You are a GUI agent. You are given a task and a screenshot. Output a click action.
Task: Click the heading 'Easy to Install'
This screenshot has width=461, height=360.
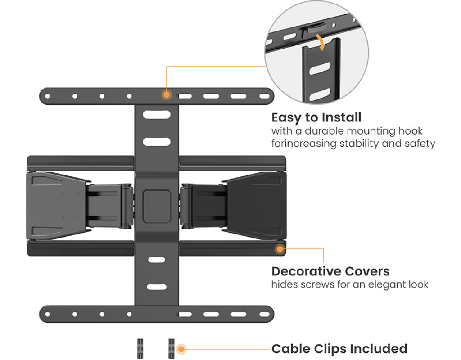pos(316,118)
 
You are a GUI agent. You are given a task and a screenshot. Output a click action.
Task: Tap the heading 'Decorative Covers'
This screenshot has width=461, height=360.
pos(330,271)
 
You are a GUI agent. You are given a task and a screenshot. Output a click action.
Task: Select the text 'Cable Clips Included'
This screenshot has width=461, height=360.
pos(339,349)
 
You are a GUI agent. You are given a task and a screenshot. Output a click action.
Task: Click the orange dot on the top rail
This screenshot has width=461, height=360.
pos(167,95)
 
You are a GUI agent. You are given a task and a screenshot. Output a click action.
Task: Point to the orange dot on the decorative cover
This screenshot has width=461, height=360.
pos(280,249)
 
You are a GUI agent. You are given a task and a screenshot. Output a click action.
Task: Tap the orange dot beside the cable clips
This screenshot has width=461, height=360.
pos(181,349)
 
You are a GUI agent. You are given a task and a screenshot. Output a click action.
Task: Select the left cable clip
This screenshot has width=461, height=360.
pos(140,349)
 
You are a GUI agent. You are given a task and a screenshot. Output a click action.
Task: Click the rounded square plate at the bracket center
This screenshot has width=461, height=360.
pos(157,206)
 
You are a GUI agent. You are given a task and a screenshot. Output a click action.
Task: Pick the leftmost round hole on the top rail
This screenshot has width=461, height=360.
pos(48,96)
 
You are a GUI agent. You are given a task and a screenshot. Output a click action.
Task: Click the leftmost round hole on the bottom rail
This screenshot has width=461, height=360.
pos(48,314)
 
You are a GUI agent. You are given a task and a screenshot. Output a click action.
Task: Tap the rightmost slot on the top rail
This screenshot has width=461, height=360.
pos(264,96)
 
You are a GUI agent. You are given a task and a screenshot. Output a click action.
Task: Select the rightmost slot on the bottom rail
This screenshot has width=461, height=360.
pos(264,314)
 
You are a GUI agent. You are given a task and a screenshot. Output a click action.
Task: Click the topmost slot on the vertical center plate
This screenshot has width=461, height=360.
pos(157,114)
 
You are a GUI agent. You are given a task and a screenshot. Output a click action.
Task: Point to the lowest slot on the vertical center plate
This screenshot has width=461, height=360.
pos(157,287)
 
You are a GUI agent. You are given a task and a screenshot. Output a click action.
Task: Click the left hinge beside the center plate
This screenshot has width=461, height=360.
pos(127,206)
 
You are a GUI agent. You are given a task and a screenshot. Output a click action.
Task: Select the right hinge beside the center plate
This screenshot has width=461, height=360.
pos(186,206)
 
